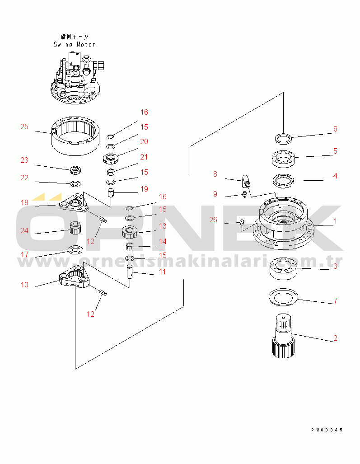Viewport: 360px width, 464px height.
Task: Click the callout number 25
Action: pos(24,127)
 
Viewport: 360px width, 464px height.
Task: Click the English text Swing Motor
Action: pos(75,45)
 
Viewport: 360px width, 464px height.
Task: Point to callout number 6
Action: pos(335,129)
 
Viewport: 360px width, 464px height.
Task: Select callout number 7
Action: pos(335,300)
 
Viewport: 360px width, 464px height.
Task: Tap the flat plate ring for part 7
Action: pos(283,296)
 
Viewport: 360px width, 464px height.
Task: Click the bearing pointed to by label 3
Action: pos(283,269)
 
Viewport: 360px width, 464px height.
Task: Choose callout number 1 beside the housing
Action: pos(335,221)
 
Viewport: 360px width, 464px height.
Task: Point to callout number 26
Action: pos(213,220)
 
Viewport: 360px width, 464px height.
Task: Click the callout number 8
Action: pos(215,174)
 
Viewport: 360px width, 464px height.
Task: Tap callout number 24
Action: pos(24,230)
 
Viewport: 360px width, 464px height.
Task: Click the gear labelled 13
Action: pos(130,233)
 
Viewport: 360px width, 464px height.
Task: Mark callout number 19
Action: pos(144,189)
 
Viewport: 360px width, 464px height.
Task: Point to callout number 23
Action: pos(24,160)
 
